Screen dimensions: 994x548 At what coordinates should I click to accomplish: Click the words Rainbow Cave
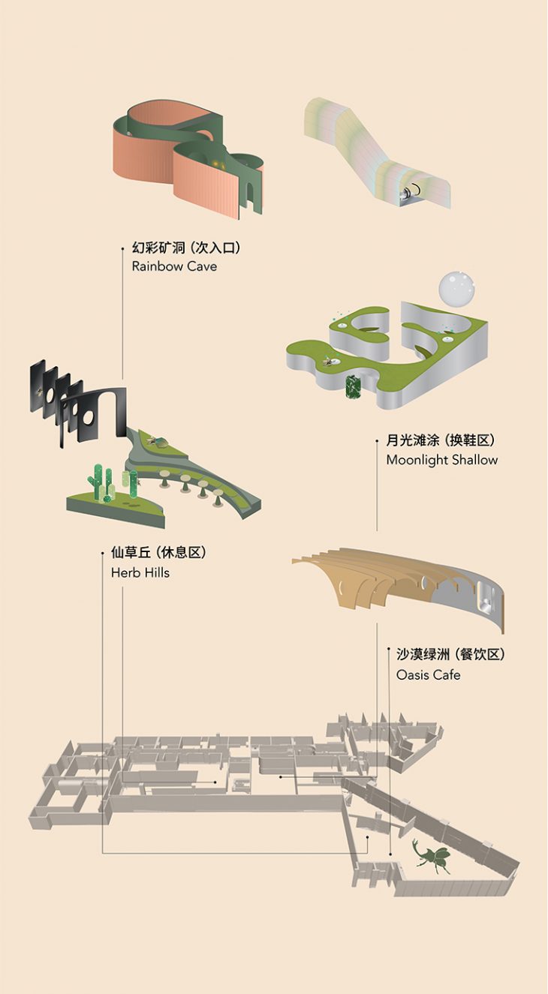coord(174,266)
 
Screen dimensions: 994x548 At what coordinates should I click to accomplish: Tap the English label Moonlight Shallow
coord(441,459)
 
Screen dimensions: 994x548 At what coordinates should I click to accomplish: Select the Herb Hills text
coord(140,572)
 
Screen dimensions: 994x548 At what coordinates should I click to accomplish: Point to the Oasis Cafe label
coord(428,674)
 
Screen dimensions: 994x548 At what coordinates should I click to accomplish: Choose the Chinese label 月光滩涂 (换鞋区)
coord(441,440)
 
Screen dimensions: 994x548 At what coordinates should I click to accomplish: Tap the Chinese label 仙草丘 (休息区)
coord(158,553)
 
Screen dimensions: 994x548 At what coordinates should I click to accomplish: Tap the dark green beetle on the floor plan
coord(431,856)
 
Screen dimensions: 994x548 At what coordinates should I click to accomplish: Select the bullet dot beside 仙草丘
coord(102,554)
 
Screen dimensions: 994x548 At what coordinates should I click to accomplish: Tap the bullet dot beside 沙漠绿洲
coord(388,655)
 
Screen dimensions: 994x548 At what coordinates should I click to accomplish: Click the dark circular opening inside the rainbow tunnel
coord(406,193)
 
